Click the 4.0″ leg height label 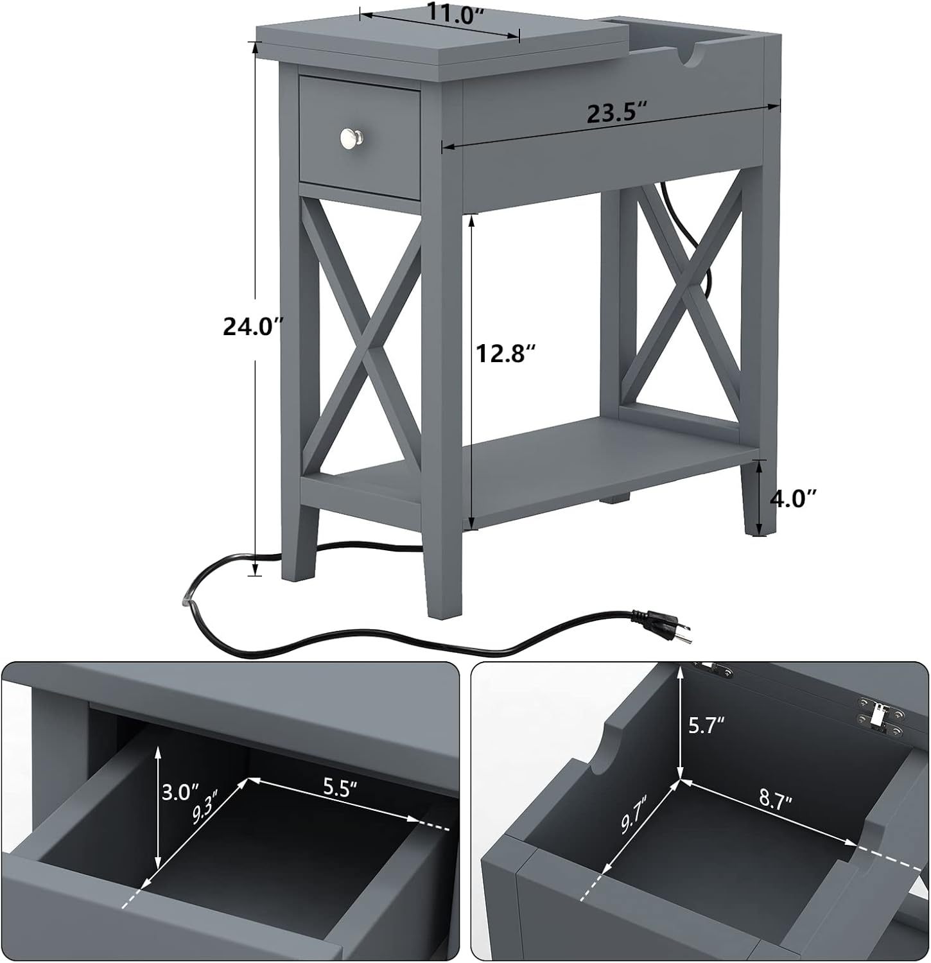coord(793,498)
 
